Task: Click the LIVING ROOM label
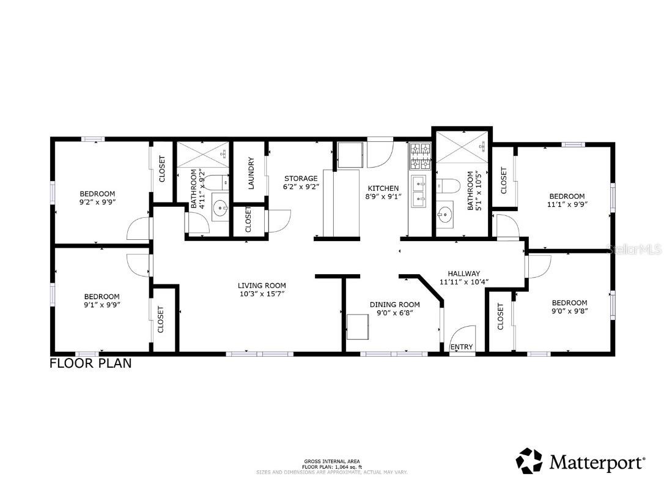262,285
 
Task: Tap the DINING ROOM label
394,304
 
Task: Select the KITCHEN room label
383,188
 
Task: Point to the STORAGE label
300,178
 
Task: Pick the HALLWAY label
463,273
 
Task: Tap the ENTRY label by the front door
461,347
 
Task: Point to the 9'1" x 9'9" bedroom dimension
101,305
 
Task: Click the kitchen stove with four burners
420,156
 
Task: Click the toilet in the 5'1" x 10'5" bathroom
450,185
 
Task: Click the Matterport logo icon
529,461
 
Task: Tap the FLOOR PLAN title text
90,363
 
